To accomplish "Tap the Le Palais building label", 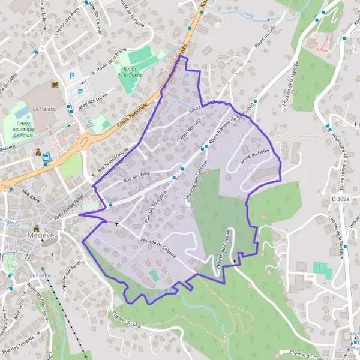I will [x=43, y=109].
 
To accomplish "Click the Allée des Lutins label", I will [x=92, y=99].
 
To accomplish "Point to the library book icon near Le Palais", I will [x=55, y=84].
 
